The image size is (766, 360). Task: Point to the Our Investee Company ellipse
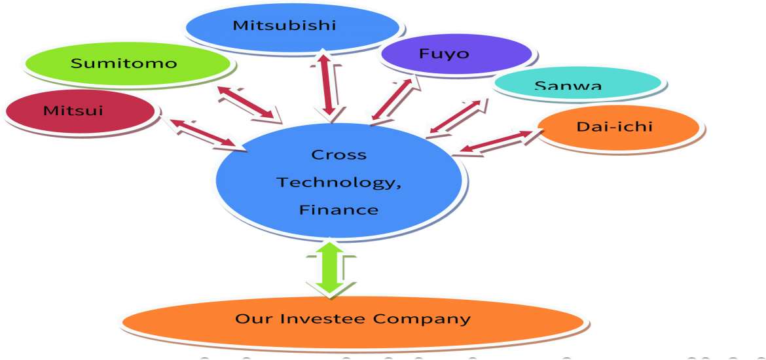[352, 320]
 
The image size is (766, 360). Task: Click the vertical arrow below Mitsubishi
[328, 88]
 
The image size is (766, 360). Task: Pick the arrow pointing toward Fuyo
[393, 99]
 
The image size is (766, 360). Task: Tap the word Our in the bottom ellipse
[251, 319]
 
